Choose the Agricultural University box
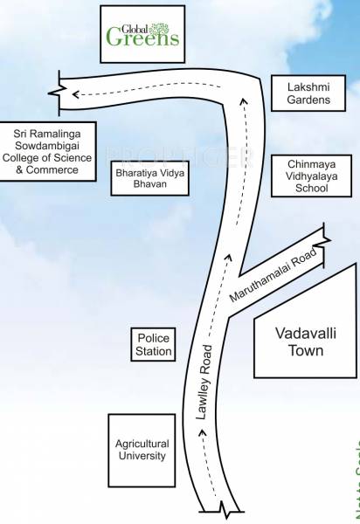[x=142, y=450]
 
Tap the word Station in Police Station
[x=153, y=352]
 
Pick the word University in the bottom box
[x=142, y=457]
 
